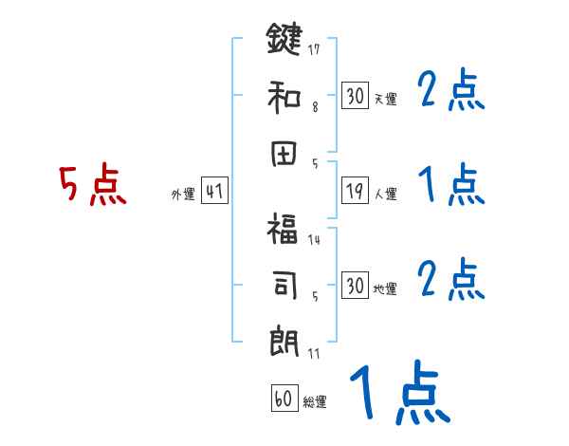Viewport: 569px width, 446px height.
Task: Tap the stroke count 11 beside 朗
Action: pos(313,354)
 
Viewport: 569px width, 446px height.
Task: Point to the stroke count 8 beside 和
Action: pos(314,108)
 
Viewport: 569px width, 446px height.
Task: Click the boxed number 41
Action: pos(214,192)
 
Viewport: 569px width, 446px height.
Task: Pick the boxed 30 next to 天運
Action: pos(355,96)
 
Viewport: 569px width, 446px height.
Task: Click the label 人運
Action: pos(385,195)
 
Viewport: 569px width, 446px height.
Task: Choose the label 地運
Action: pos(385,288)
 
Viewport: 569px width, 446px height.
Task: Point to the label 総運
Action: pos(314,401)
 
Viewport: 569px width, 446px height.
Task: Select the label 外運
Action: pos(182,195)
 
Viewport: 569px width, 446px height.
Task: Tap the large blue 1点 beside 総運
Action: pos(397,395)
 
